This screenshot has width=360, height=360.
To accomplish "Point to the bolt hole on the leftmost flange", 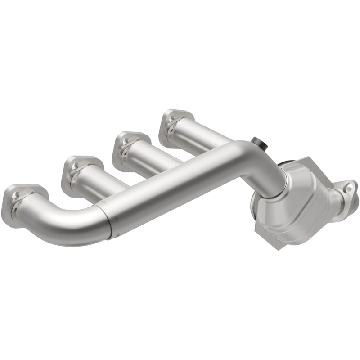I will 17,195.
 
